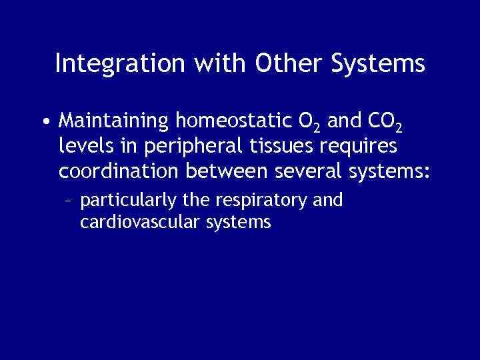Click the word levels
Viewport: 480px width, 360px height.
81,146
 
